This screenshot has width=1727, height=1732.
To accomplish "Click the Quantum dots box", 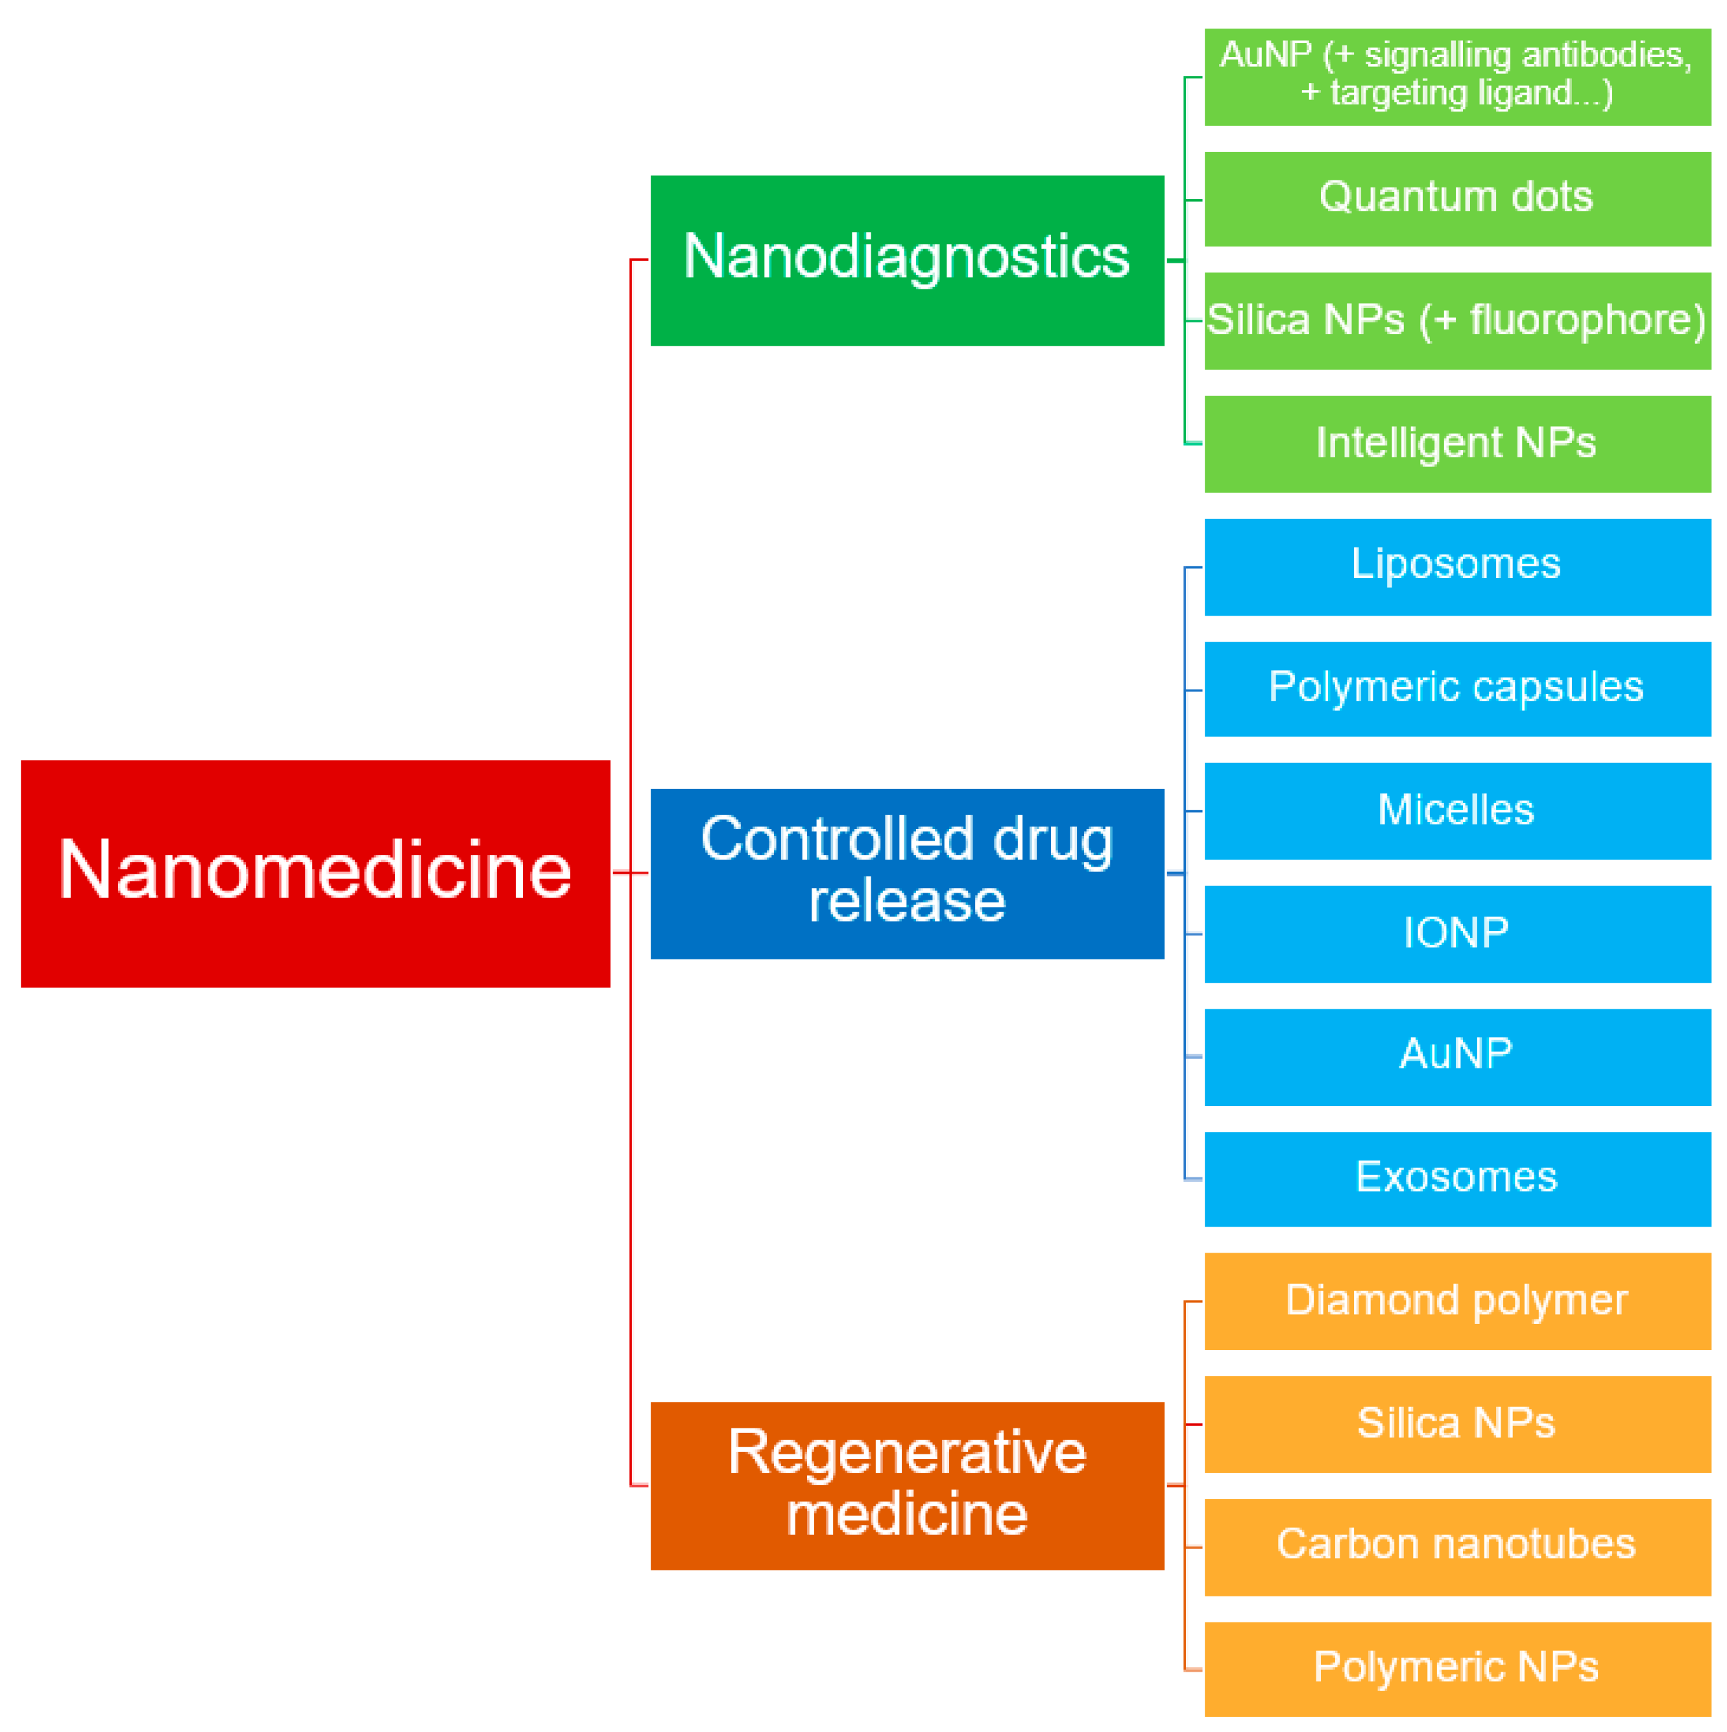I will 1456,198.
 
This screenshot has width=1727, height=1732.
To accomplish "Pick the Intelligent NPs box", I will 1456,444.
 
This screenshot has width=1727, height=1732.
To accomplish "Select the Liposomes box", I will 1456,566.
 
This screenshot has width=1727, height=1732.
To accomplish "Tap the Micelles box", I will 1456,812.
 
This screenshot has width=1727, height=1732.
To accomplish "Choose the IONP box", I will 1456,934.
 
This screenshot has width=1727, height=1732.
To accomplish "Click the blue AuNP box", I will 1456,1057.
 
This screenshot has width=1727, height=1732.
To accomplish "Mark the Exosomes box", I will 1456,1179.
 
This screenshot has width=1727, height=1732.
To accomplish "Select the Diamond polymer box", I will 1456,1302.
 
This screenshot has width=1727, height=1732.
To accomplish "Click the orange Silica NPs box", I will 1456,1425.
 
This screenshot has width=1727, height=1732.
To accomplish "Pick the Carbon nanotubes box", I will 1456,1546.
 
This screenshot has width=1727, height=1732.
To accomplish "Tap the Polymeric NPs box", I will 1456,1669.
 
